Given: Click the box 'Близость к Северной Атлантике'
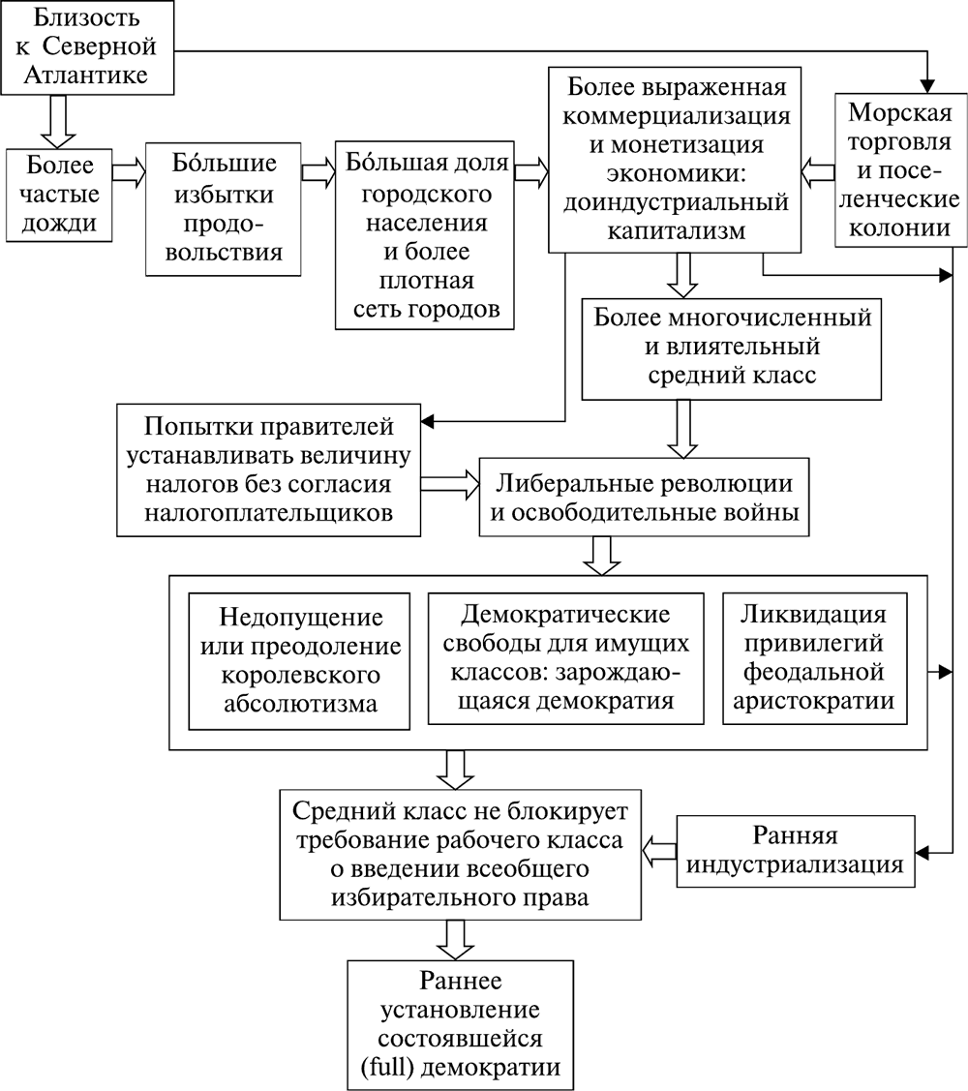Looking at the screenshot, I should point(92,46).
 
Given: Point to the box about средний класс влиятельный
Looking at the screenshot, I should point(734,348).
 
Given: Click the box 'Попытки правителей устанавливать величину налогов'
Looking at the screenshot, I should point(268,470).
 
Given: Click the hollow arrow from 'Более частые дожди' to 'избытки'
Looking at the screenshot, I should point(128,171).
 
